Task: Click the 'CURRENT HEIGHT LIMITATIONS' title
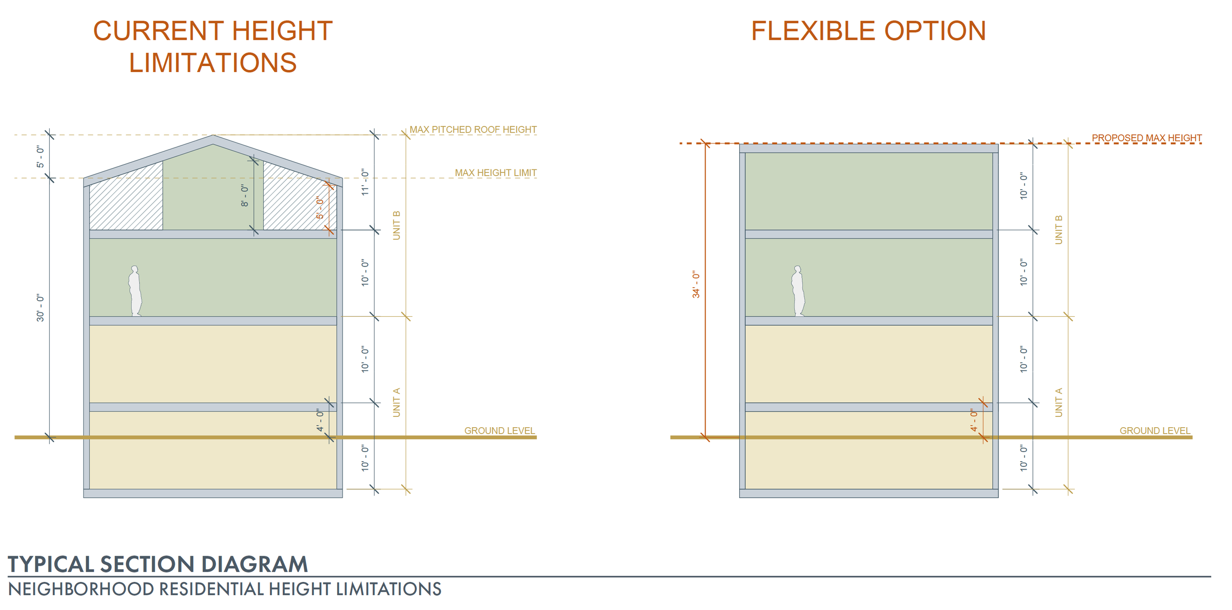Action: (213, 47)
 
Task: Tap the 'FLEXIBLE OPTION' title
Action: (868, 31)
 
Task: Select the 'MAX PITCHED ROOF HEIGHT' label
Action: (473, 130)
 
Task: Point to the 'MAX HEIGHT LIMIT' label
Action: (495, 173)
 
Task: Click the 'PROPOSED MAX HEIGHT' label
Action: (1146, 138)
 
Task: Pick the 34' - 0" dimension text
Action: (696, 284)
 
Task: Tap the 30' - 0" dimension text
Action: (40, 308)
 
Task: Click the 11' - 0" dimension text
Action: (365, 182)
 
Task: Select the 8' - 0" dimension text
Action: (245, 195)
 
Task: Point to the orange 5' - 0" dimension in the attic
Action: (320, 208)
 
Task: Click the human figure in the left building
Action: (135, 291)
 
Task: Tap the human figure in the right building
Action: (798, 291)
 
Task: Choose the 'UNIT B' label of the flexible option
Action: (1058, 230)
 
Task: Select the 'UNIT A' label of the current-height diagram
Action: (396, 403)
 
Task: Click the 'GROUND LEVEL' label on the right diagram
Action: (1154, 431)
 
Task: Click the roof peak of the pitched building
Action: (213, 136)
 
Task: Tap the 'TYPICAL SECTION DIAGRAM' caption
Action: (158, 564)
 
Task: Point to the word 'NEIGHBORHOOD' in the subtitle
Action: (81, 589)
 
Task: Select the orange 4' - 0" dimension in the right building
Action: (974, 420)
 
